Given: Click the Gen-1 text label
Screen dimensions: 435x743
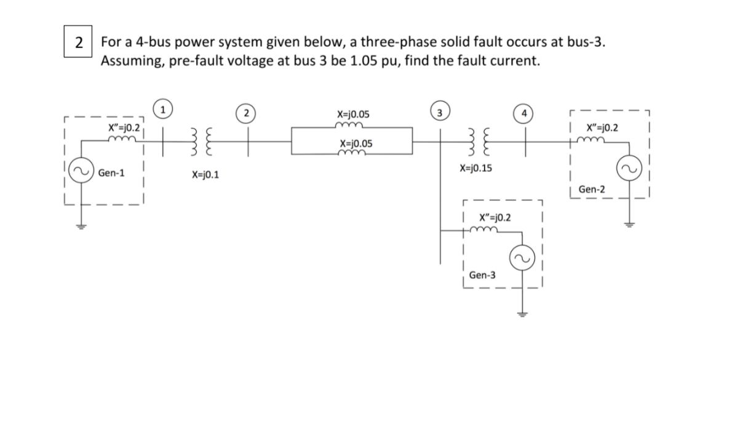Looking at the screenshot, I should pyautogui.click(x=111, y=173).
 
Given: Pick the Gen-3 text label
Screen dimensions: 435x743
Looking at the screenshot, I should pyautogui.click(x=482, y=275).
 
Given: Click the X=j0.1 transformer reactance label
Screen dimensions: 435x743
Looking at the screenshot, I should pyautogui.click(x=206, y=176).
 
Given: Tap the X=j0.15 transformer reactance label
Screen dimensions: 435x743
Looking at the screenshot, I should pyautogui.click(x=475, y=168).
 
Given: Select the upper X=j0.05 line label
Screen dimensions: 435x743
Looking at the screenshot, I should pyautogui.click(x=354, y=114).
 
